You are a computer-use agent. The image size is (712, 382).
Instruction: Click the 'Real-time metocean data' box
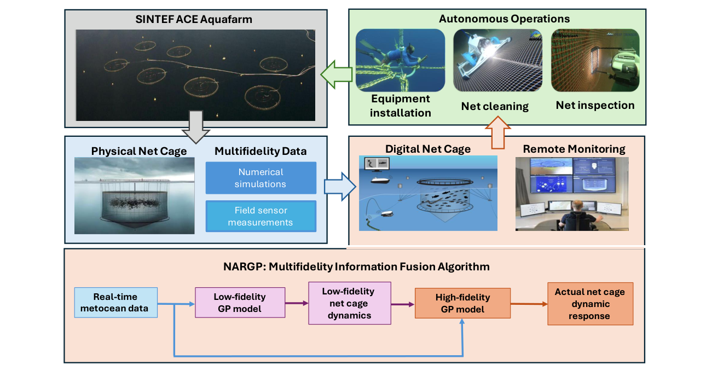click(115, 303)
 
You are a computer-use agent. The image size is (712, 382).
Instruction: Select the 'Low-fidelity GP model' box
click(240, 302)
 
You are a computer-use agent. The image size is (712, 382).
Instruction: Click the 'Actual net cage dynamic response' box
click(590, 304)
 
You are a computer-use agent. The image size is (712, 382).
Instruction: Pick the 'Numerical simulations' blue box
click(261, 178)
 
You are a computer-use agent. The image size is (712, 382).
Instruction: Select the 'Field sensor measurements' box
click(261, 216)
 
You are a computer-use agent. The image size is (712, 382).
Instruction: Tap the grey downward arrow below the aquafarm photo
click(195, 126)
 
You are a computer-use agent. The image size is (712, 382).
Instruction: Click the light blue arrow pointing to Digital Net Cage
click(339, 186)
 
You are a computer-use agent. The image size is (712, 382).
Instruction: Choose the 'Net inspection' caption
click(595, 105)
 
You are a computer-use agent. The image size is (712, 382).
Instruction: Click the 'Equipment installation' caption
click(400, 106)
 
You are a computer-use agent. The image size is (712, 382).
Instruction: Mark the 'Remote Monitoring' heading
click(574, 149)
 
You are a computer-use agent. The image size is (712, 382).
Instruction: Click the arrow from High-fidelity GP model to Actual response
click(529, 303)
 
